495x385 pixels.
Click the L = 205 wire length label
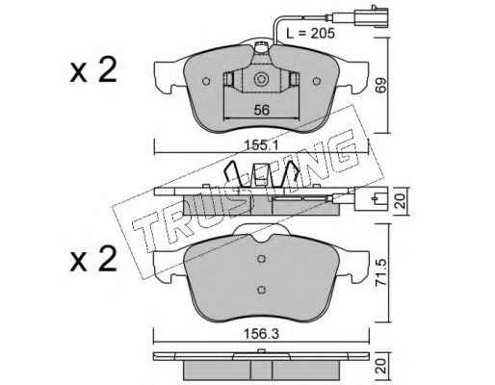(x=310, y=33)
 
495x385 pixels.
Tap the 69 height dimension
(x=381, y=85)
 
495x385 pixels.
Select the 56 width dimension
(x=262, y=110)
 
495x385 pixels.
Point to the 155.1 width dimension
(x=262, y=145)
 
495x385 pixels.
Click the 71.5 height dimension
(x=381, y=273)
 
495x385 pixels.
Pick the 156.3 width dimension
(x=262, y=334)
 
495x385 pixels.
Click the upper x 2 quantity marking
(x=93, y=70)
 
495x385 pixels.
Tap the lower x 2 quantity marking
(x=93, y=259)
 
